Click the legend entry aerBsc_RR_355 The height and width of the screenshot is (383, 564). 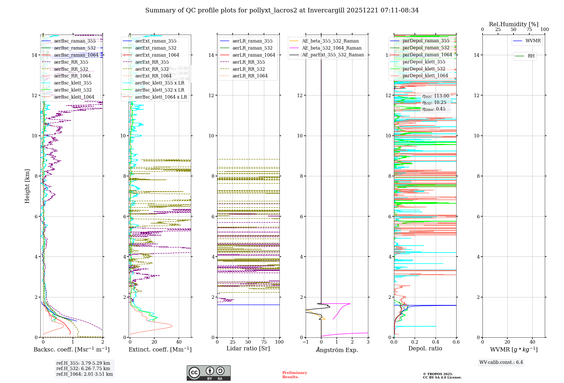(71, 62)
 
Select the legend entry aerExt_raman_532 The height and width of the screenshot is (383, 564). (156, 48)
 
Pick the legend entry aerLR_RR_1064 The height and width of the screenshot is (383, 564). (250, 76)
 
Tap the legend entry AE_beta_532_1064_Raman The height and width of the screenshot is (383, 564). (332, 48)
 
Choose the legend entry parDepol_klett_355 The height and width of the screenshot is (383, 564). (424, 62)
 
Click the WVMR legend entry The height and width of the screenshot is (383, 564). (533, 41)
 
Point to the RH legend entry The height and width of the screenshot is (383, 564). (531, 56)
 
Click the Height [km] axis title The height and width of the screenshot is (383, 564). (27, 186)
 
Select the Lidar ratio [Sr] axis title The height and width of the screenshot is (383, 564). (248, 348)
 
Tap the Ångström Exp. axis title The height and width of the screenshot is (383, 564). (337, 350)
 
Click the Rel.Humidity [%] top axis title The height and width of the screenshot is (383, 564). (514, 24)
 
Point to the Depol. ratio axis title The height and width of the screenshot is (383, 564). (425, 348)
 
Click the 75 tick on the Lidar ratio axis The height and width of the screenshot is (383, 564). (264, 342)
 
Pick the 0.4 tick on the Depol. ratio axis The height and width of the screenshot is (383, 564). (435, 342)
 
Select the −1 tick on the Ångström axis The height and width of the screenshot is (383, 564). (305, 342)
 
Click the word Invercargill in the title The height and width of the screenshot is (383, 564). (326, 10)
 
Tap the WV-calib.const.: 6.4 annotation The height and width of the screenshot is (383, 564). (501, 362)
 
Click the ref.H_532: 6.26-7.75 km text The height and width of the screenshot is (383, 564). (83, 368)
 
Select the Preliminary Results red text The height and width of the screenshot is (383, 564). (294, 375)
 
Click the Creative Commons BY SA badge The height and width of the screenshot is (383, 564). (208, 373)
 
